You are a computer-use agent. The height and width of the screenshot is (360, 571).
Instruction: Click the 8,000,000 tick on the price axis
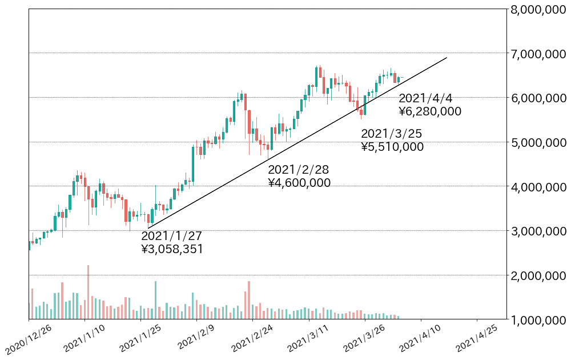click(x=539, y=10)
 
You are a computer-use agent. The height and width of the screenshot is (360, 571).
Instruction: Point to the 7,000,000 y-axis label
click(x=539, y=54)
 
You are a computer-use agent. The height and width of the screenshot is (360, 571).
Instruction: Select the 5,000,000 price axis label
click(x=539, y=142)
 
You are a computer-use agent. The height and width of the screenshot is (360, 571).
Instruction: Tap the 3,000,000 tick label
click(x=539, y=231)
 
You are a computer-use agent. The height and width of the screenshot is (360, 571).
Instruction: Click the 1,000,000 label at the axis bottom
click(x=539, y=320)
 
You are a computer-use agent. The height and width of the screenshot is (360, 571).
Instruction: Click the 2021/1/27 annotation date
click(x=171, y=236)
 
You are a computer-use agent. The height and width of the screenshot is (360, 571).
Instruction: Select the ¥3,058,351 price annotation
click(x=172, y=249)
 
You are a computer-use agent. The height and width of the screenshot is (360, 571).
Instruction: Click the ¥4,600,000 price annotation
click(x=299, y=183)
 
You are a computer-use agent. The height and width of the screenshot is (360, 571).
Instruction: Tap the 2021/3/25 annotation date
click(x=392, y=134)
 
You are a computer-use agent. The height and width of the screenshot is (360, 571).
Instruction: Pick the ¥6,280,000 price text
click(x=430, y=111)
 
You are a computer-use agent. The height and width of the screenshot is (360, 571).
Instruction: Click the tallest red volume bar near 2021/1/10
click(x=88, y=291)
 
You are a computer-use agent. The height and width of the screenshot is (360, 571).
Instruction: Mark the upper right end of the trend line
click(x=446, y=58)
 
